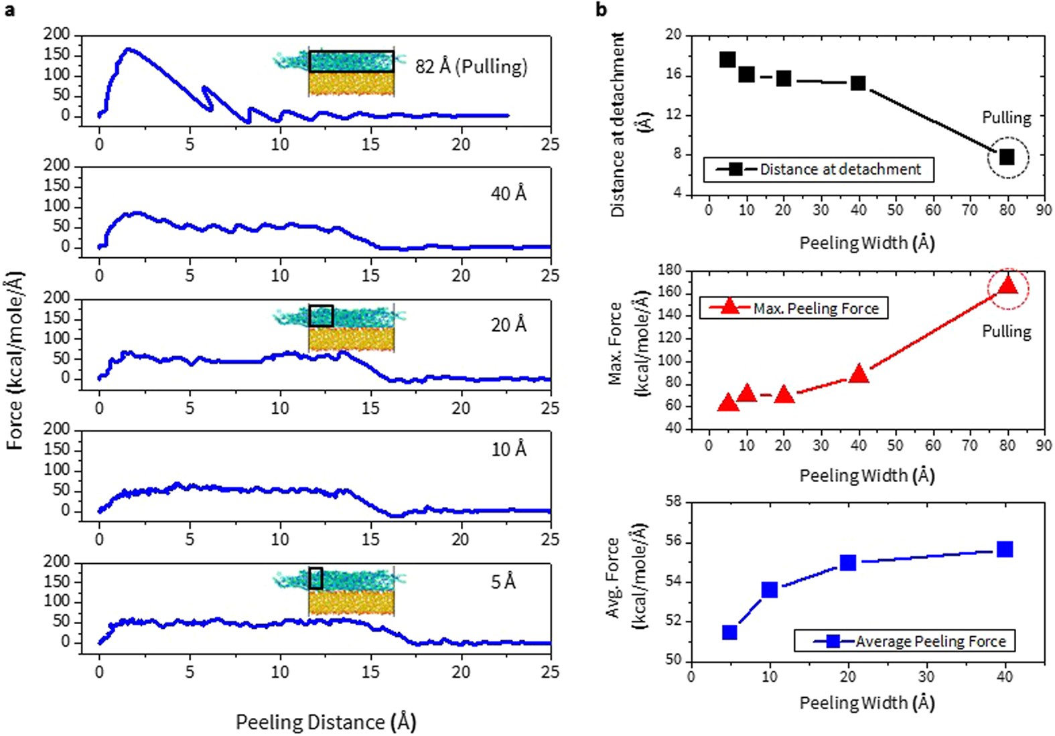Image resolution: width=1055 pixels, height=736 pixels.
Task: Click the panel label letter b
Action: point(601,9)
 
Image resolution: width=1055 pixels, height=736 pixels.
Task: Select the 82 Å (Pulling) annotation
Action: point(471,67)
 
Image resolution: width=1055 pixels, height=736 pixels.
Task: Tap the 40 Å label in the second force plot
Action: point(508,194)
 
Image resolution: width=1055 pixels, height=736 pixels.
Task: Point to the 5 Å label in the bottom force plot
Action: point(503,582)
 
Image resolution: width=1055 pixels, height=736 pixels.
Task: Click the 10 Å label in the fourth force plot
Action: point(508,449)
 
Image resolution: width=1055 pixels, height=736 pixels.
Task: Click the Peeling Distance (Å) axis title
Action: point(326,722)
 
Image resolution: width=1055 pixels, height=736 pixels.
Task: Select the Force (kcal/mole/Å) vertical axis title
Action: point(15,360)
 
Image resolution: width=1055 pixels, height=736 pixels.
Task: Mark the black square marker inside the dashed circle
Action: point(1006,157)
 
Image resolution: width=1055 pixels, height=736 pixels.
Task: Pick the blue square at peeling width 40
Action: point(1004,550)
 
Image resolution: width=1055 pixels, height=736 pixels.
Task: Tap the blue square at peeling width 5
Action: point(729,632)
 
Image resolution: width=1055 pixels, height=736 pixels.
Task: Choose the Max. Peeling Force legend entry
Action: point(815,309)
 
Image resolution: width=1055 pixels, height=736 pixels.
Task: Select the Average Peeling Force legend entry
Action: point(930,642)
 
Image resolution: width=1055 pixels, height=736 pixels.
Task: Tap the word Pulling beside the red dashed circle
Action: point(1006,332)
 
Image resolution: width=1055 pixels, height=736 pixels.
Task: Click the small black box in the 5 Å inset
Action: point(315,579)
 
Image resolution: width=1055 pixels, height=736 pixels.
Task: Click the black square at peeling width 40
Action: point(858,83)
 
